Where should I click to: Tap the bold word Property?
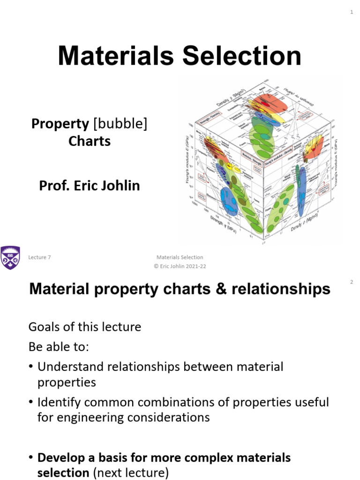point(60,124)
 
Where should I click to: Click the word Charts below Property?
point(90,141)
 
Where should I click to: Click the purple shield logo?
point(10,257)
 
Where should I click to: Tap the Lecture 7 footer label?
point(40,257)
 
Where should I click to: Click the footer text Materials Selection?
point(180,257)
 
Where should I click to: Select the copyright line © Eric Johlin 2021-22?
point(180,266)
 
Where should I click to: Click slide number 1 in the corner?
point(351,13)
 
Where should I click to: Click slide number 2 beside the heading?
point(351,282)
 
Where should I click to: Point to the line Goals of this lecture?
point(85,326)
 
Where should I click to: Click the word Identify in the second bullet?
point(57,402)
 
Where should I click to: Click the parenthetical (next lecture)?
point(132,473)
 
